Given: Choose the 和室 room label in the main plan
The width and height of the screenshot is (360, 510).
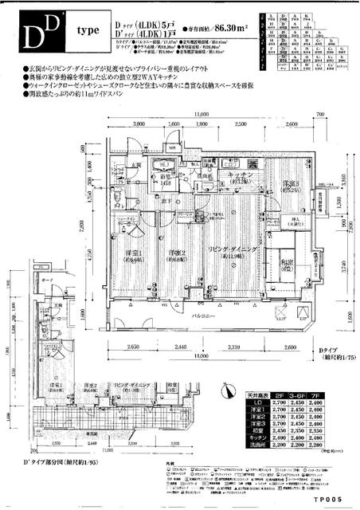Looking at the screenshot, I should tap(285, 269).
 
